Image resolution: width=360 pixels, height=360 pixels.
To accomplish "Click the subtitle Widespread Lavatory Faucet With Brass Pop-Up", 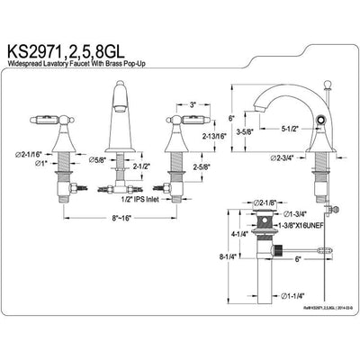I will (106, 62).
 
